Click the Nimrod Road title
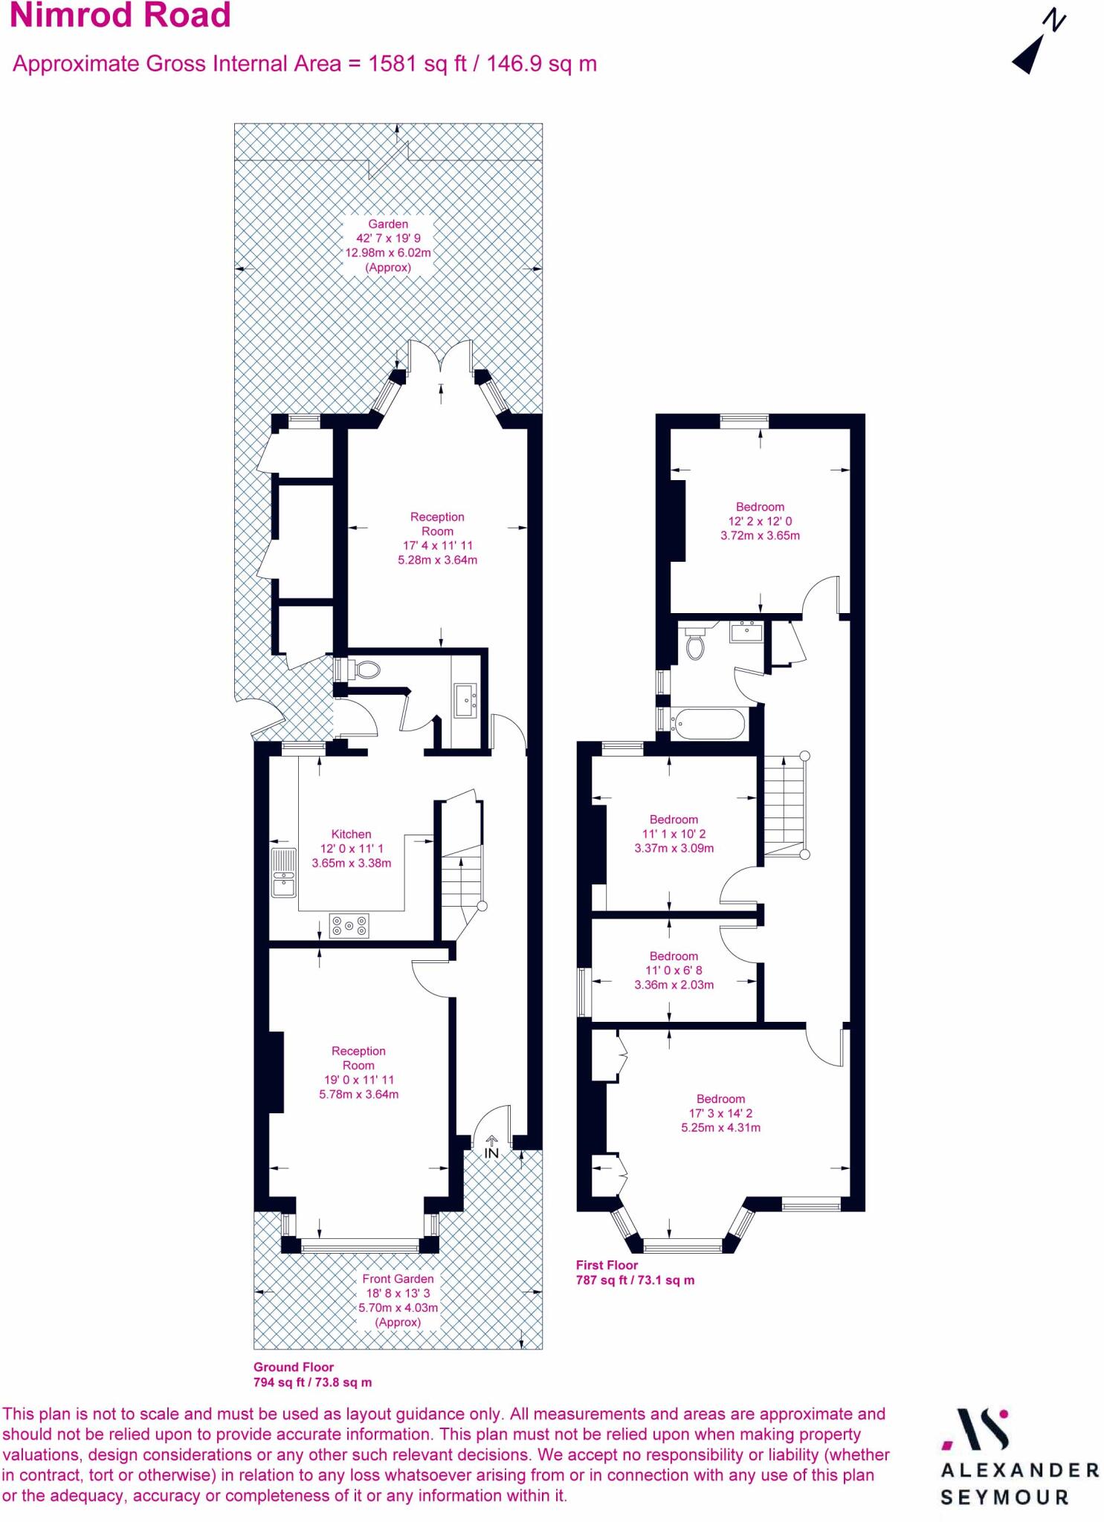(x=120, y=16)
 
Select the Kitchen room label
(x=351, y=834)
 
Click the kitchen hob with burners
(x=349, y=926)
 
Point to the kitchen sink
(x=283, y=872)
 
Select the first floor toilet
(x=695, y=644)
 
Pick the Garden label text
(x=388, y=224)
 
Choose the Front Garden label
(x=398, y=1278)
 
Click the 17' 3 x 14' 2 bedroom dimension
(x=720, y=1113)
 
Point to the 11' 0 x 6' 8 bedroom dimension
(x=674, y=971)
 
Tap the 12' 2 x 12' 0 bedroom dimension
(x=760, y=521)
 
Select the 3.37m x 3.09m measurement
(x=674, y=848)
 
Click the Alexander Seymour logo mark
(x=976, y=1429)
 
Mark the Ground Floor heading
(x=294, y=1367)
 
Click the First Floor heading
(x=607, y=1265)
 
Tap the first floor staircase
(x=784, y=806)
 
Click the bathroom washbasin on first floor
(x=746, y=632)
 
